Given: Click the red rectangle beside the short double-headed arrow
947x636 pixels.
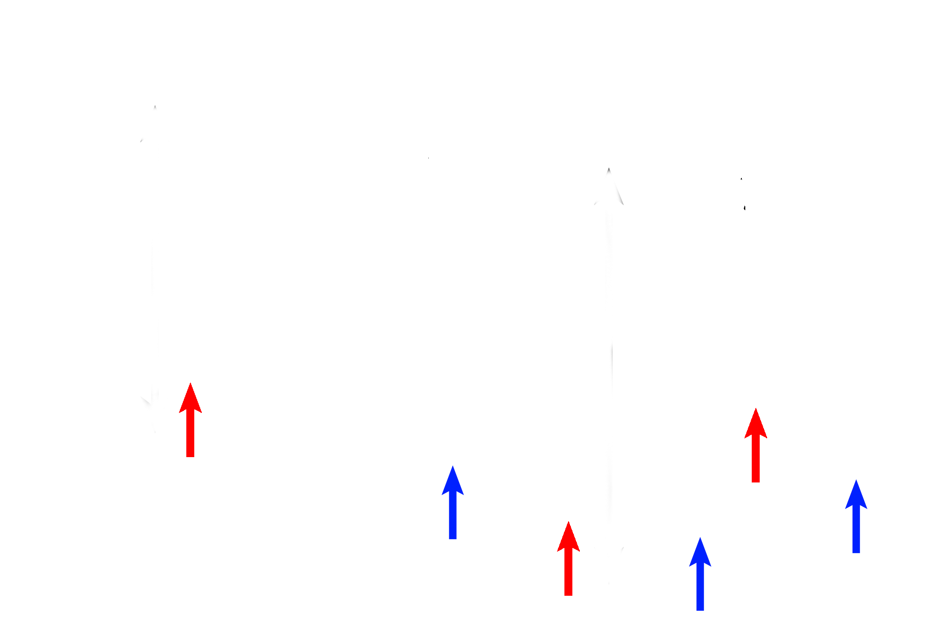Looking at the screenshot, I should point(190,420).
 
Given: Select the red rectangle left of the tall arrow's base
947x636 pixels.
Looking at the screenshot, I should point(568,558).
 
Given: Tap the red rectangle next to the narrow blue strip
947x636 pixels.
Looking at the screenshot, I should point(756,445).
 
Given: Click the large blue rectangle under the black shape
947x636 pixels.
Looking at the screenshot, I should point(398,431).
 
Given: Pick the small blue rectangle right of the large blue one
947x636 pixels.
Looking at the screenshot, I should point(452,502).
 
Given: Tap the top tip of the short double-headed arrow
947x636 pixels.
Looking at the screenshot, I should point(155,108).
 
